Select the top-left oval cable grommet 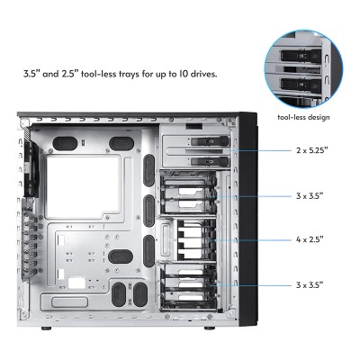(x=66, y=142)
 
